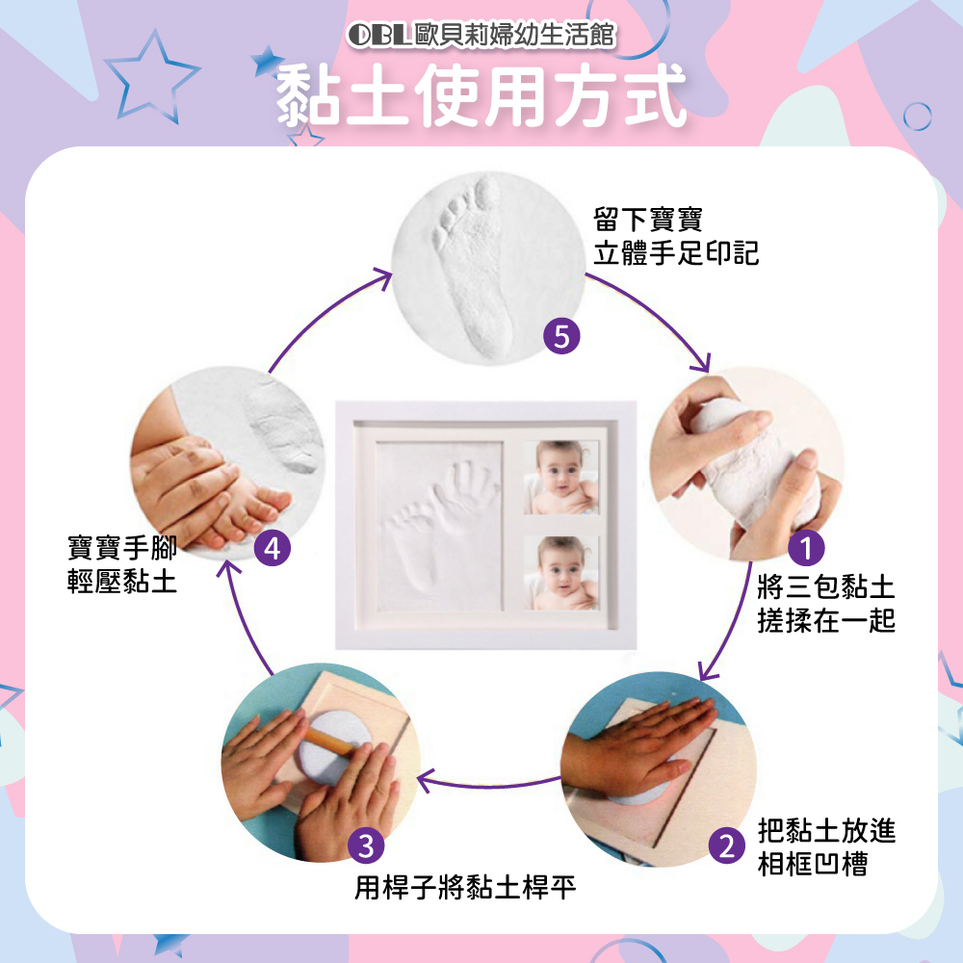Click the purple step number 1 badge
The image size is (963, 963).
coord(806,548)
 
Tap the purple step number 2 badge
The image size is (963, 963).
coord(727,846)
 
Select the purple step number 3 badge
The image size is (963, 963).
coord(366,846)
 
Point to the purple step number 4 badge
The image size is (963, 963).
coord(273,549)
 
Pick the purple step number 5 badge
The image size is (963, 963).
coord(561,336)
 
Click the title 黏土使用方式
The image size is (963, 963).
coord(481,96)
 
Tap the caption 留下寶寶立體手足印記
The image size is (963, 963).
coord(676,237)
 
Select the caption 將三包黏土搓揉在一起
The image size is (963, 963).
coord(825,603)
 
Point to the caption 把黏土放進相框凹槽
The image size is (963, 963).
coord(826,846)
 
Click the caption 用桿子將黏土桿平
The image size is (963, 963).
coord(465,887)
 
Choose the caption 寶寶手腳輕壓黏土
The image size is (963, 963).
coord(122,564)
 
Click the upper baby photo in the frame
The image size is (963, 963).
coord(560,478)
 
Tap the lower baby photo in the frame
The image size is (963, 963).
coord(560,573)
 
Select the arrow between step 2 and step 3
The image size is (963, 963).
coord(489,784)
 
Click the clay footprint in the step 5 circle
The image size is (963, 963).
coord(474,266)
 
